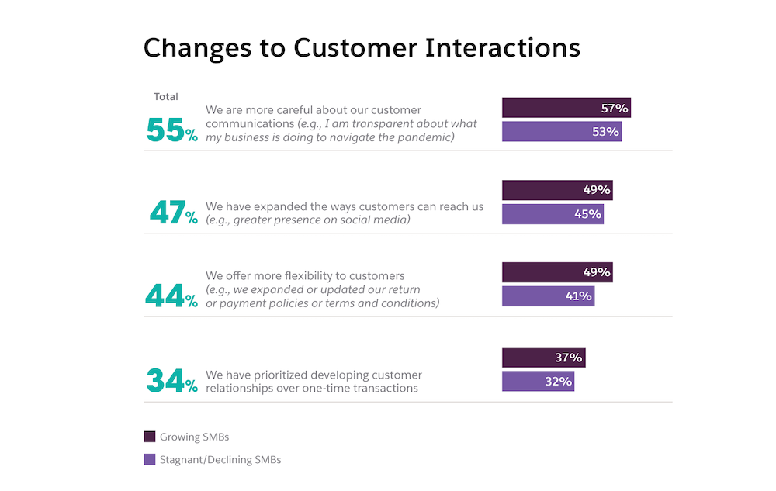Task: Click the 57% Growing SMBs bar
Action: point(566,108)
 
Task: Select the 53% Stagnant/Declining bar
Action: point(561,132)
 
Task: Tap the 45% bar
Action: point(553,214)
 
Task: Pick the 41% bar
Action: point(548,296)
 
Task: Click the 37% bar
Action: point(543,358)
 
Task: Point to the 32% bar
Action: point(538,382)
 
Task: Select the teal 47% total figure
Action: point(173,213)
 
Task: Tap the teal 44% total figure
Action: point(171,296)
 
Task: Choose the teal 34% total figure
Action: point(172,381)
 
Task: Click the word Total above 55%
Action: point(166,97)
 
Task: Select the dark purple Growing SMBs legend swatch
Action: point(150,437)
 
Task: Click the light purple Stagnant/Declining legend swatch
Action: point(150,460)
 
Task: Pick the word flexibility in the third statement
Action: point(317,276)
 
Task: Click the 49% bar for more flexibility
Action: point(557,272)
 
